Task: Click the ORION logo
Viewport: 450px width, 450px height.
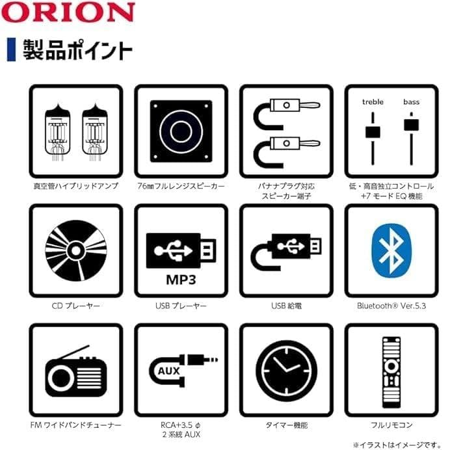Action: (70, 12)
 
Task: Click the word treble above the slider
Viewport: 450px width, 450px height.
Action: (373, 101)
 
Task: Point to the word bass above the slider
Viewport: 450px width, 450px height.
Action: (412, 101)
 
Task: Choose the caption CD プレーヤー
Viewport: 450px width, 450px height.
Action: (75, 305)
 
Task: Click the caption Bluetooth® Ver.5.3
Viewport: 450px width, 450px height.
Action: (391, 305)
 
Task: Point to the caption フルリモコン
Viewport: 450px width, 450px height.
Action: (391, 425)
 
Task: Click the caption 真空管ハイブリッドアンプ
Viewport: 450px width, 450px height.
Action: (75, 186)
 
